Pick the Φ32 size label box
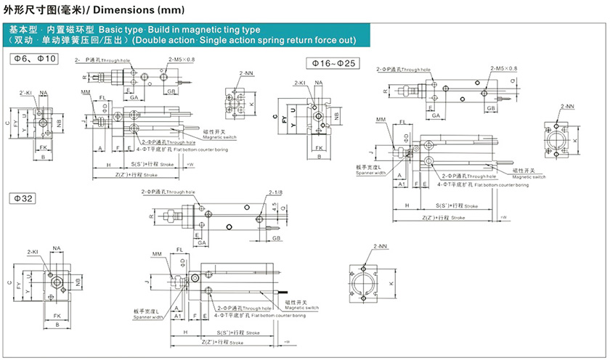click(23, 198)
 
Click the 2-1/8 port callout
click(276, 193)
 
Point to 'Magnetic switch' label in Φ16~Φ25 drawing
click(529, 176)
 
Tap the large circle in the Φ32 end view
click(364, 282)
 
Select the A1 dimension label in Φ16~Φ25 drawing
click(402, 185)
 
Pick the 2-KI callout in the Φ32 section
click(32, 251)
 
